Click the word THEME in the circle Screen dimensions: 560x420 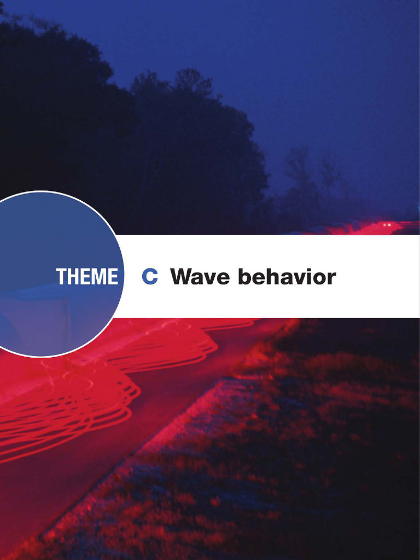pyautogui.click(x=86, y=277)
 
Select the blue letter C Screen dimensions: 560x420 pyautogui.click(x=149, y=277)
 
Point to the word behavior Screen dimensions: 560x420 pyautogui.click(x=287, y=277)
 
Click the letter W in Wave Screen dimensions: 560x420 pyautogui.click(x=183, y=277)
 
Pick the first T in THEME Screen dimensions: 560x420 pyautogui.click(x=61, y=277)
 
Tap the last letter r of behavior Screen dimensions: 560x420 pyautogui.click(x=331, y=278)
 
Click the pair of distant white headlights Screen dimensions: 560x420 pyautogui.click(x=387, y=225)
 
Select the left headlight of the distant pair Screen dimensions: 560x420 pyautogui.click(x=384, y=225)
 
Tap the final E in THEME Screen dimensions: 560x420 pyautogui.click(x=112, y=277)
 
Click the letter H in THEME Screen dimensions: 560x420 pyautogui.click(x=73, y=277)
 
